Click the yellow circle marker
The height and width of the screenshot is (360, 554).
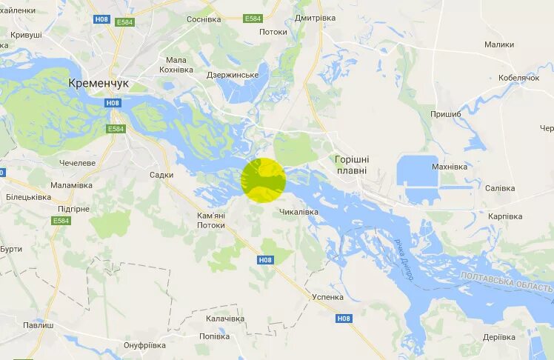click(x=263, y=180)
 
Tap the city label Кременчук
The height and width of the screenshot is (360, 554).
click(x=99, y=84)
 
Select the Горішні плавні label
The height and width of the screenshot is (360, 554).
click(x=352, y=164)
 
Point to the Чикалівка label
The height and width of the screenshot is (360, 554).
click(x=298, y=212)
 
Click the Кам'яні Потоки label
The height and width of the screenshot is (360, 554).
click(x=211, y=220)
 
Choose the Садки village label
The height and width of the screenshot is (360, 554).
click(x=161, y=175)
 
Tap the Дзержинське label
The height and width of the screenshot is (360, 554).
click(x=233, y=75)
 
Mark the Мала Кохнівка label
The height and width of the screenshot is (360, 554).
click(x=176, y=65)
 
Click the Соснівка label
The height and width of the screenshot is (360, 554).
click(x=204, y=19)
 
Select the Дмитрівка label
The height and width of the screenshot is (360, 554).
click(x=315, y=18)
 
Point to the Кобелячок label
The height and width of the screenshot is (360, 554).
click(x=518, y=78)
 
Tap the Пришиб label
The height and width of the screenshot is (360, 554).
click(x=446, y=114)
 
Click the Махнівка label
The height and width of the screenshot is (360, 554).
click(x=450, y=167)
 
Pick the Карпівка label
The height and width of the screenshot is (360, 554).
click(x=505, y=216)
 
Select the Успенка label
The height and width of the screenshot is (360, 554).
click(x=327, y=297)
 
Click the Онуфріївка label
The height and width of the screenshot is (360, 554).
click(x=144, y=345)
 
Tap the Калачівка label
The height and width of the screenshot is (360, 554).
click(x=225, y=319)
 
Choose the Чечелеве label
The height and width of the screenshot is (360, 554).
click(x=77, y=163)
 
